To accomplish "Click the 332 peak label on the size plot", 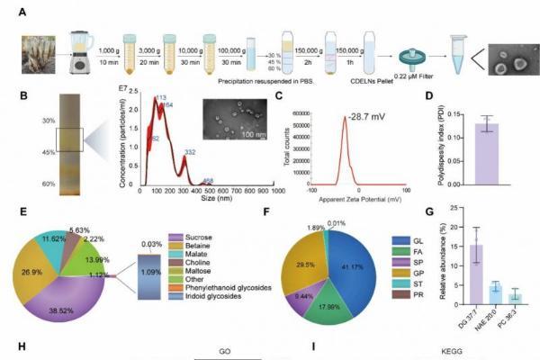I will pyautogui.click(x=190, y=154).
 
